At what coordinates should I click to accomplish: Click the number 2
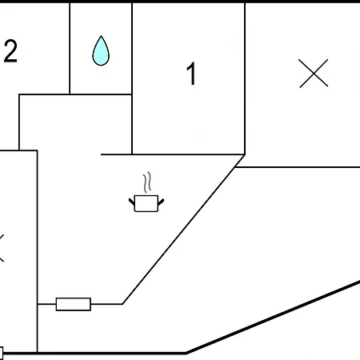(x=10, y=51)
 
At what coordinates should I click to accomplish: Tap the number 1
(x=191, y=74)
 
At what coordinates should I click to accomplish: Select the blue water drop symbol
(x=101, y=50)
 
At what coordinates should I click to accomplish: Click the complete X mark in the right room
(x=314, y=73)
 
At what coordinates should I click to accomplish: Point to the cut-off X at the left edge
(x=2, y=248)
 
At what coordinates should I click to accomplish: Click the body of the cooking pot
(x=146, y=203)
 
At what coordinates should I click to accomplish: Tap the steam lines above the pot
(x=147, y=182)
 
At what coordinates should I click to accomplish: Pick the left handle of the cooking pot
(x=132, y=202)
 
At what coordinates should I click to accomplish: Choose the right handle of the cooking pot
(x=161, y=202)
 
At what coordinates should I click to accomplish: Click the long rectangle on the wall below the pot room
(x=74, y=304)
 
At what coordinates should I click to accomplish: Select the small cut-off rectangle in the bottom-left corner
(x=2, y=354)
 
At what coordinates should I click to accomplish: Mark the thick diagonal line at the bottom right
(x=273, y=317)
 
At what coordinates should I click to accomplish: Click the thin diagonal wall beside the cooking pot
(x=183, y=229)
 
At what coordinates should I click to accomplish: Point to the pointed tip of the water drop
(x=101, y=36)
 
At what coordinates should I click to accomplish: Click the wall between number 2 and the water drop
(x=70, y=49)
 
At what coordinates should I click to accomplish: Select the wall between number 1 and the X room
(x=245, y=78)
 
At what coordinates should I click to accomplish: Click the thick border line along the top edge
(x=180, y=2)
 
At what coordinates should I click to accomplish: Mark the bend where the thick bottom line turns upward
(x=186, y=353)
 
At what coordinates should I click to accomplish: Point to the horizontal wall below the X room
(x=298, y=167)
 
